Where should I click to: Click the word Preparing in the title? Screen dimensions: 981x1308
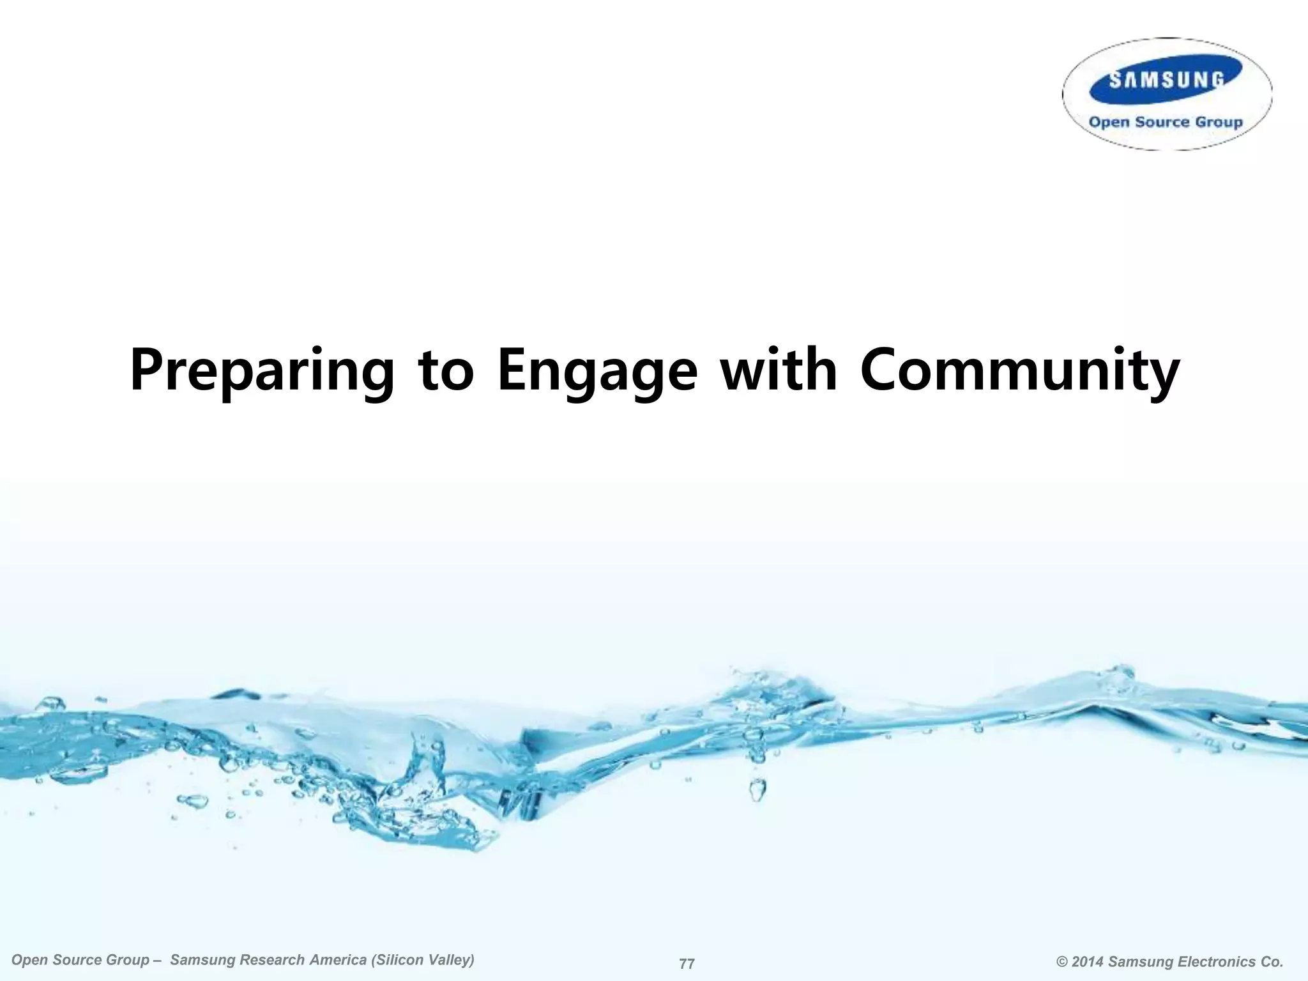tap(262, 370)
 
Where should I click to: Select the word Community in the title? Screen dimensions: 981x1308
tap(1019, 370)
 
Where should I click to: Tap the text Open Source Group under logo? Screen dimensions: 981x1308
tap(1166, 122)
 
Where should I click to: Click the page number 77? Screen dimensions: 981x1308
tap(687, 964)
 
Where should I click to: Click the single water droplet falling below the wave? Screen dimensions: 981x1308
tap(757, 790)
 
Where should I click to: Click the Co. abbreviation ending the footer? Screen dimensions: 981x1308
tap(1271, 962)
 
